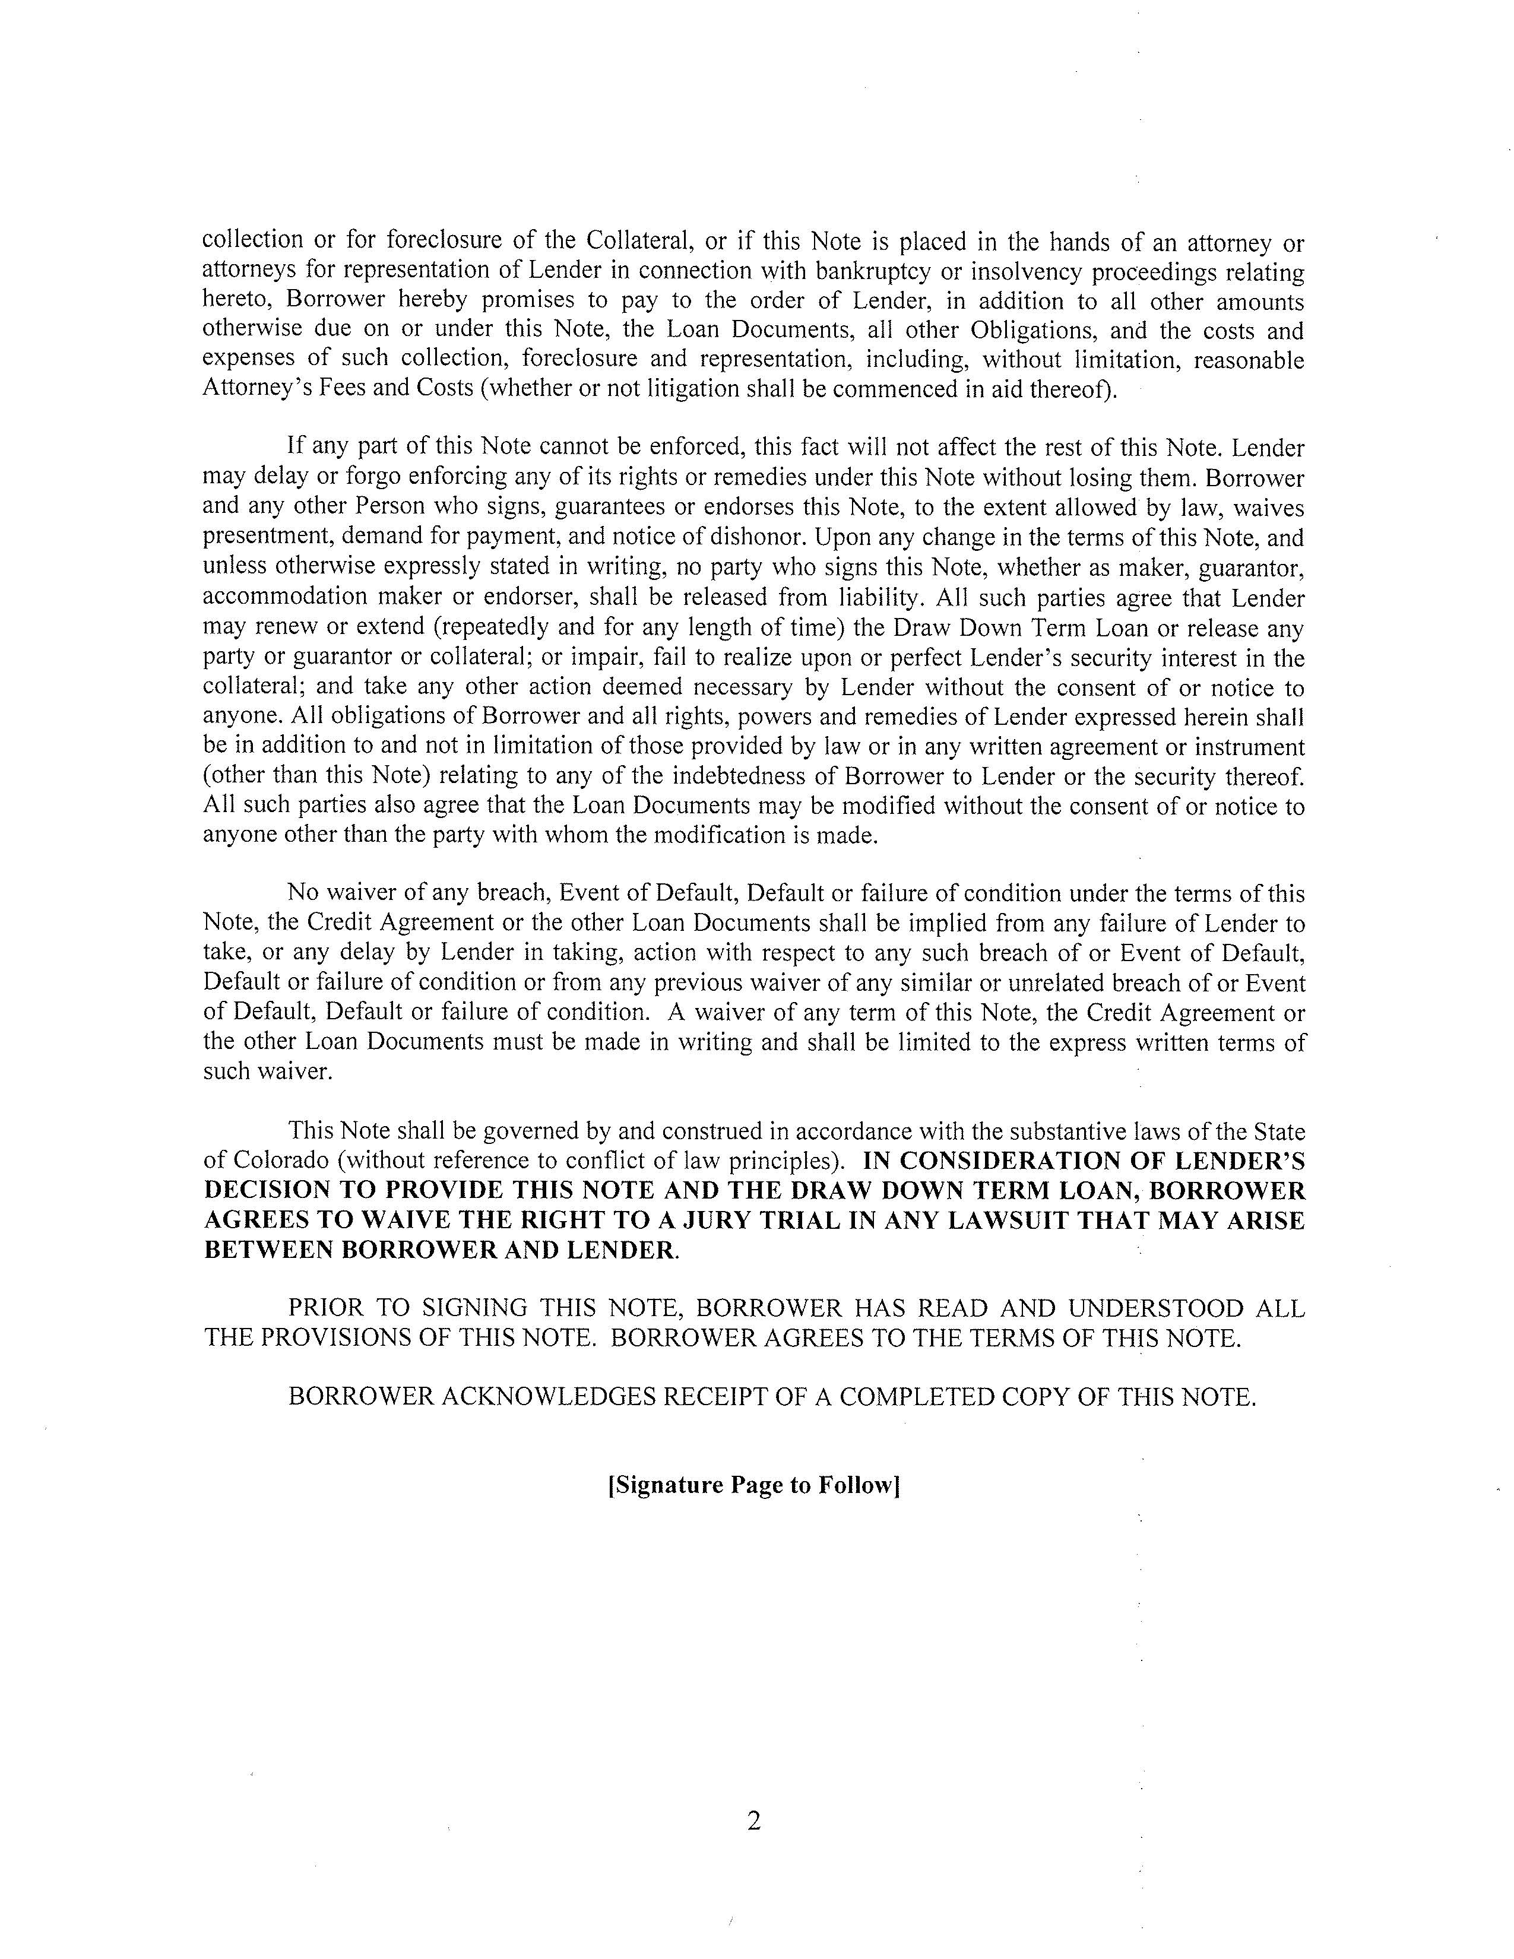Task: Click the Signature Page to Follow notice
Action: point(753,1485)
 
